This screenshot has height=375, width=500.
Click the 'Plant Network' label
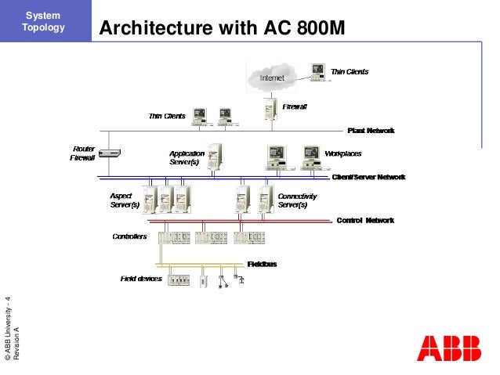tap(370, 130)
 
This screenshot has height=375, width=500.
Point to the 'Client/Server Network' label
tap(368, 177)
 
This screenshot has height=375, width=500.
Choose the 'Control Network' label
tap(364, 221)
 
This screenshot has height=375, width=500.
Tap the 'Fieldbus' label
tap(262, 264)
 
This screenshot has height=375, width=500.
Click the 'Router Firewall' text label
tap(83, 153)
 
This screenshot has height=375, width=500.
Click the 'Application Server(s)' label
tap(187, 157)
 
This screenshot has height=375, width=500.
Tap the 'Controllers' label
tap(129, 236)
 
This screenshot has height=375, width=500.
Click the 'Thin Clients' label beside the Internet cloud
tap(350, 71)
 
